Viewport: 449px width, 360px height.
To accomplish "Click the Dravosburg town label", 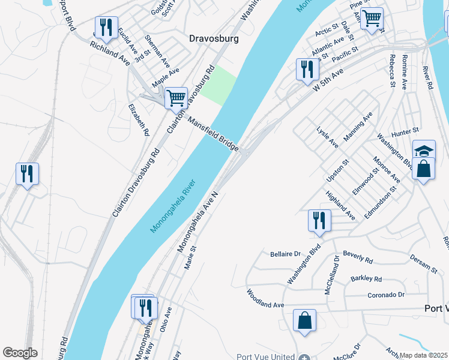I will point(214,38).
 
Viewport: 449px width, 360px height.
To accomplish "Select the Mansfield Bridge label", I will point(213,133).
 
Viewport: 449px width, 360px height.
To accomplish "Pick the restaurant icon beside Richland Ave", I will point(106,27).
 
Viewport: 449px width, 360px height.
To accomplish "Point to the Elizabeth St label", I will point(138,119).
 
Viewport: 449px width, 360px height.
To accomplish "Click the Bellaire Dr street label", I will point(285,254).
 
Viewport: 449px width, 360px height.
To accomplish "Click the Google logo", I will point(20,353).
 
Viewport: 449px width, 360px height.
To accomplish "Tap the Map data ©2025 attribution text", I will point(423,355).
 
